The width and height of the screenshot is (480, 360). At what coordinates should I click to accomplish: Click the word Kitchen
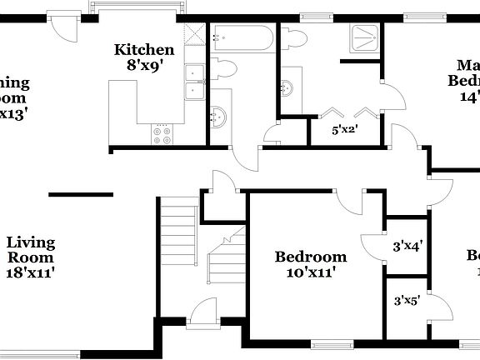(x=144, y=50)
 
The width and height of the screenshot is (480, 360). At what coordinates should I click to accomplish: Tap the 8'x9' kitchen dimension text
(x=144, y=65)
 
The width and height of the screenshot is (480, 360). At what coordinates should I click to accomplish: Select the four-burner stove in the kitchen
(x=162, y=133)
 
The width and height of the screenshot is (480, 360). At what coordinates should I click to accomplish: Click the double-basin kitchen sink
(x=195, y=81)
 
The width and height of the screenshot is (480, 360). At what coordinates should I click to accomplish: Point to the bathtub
(x=242, y=37)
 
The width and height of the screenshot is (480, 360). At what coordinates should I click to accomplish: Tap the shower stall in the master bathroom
(x=364, y=41)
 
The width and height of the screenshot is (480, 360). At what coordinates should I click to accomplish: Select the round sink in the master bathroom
(x=287, y=87)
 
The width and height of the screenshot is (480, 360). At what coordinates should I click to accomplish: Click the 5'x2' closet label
(x=345, y=130)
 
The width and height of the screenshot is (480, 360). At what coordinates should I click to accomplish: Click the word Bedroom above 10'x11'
(x=311, y=257)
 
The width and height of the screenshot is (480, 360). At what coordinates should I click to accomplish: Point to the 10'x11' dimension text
(x=311, y=272)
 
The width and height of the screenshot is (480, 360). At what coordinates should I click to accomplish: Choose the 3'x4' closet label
(x=407, y=246)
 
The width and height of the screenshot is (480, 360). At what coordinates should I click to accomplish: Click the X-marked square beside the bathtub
(x=194, y=34)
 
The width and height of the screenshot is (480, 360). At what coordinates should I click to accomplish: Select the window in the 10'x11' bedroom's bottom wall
(x=334, y=342)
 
